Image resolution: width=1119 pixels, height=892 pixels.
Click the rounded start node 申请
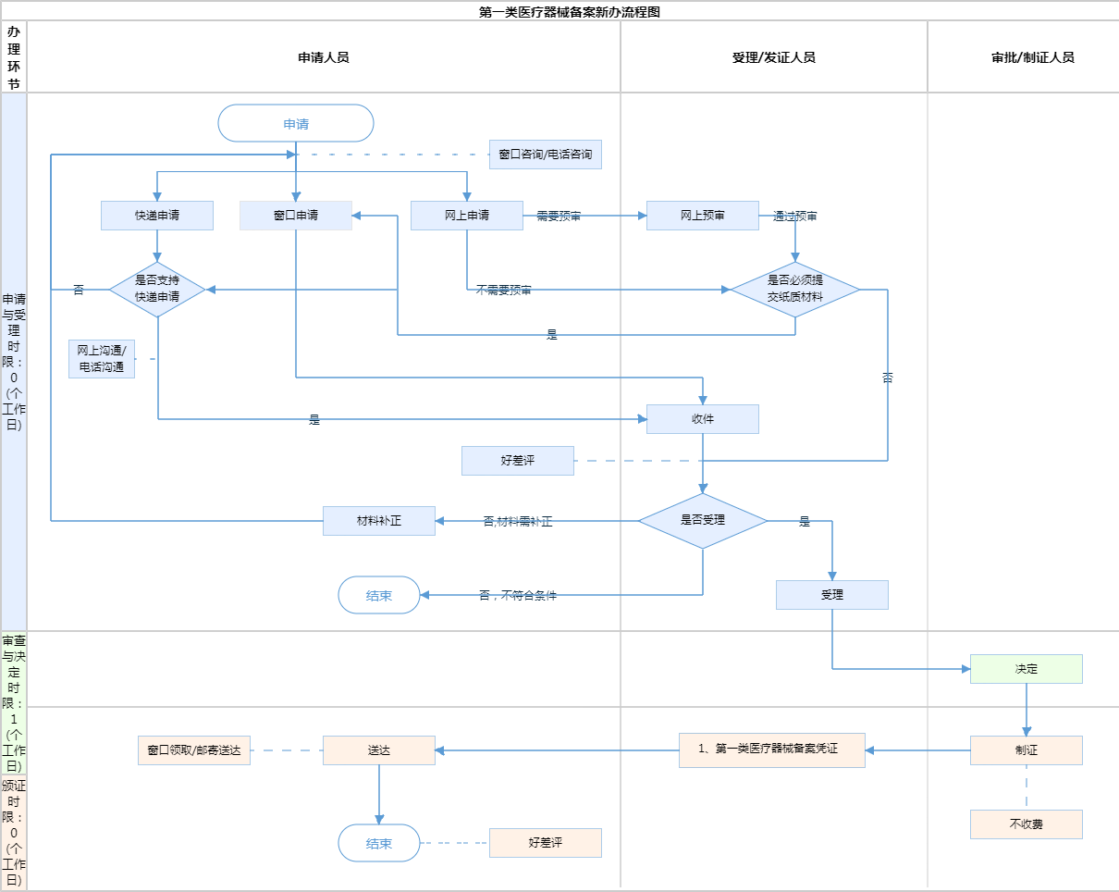tap(295, 123)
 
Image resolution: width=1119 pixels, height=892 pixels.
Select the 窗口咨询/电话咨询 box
tap(545, 155)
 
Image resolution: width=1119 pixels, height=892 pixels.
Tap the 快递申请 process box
tap(157, 216)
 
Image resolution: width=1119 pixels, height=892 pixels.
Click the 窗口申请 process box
tap(295, 216)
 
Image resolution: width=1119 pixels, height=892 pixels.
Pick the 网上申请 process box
tap(466, 216)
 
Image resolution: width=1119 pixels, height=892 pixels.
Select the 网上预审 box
tap(703, 216)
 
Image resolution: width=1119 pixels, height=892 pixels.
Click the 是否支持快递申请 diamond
tap(157, 290)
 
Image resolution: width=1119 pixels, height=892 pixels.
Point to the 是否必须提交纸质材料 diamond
tap(795, 290)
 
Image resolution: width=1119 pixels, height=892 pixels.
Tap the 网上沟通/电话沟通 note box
tap(102, 359)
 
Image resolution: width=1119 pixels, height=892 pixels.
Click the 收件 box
tap(703, 419)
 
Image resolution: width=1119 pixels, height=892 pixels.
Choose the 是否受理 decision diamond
tap(703, 520)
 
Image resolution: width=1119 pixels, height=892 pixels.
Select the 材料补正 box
tap(378, 521)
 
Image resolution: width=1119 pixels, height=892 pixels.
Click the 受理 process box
tap(832, 595)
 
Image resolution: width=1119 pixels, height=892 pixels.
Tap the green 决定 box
tap(1026, 669)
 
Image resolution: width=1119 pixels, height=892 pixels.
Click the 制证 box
tap(1026, 750)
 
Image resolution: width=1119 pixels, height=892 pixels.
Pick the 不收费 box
tap(1026, 824)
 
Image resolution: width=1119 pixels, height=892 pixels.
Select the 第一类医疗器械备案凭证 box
tap(771, 750)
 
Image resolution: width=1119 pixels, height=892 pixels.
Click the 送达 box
tap(378, 750)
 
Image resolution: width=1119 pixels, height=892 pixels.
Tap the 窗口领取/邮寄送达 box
tap(194, 750)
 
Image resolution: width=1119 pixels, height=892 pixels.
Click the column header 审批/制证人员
tap(1033, 57)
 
